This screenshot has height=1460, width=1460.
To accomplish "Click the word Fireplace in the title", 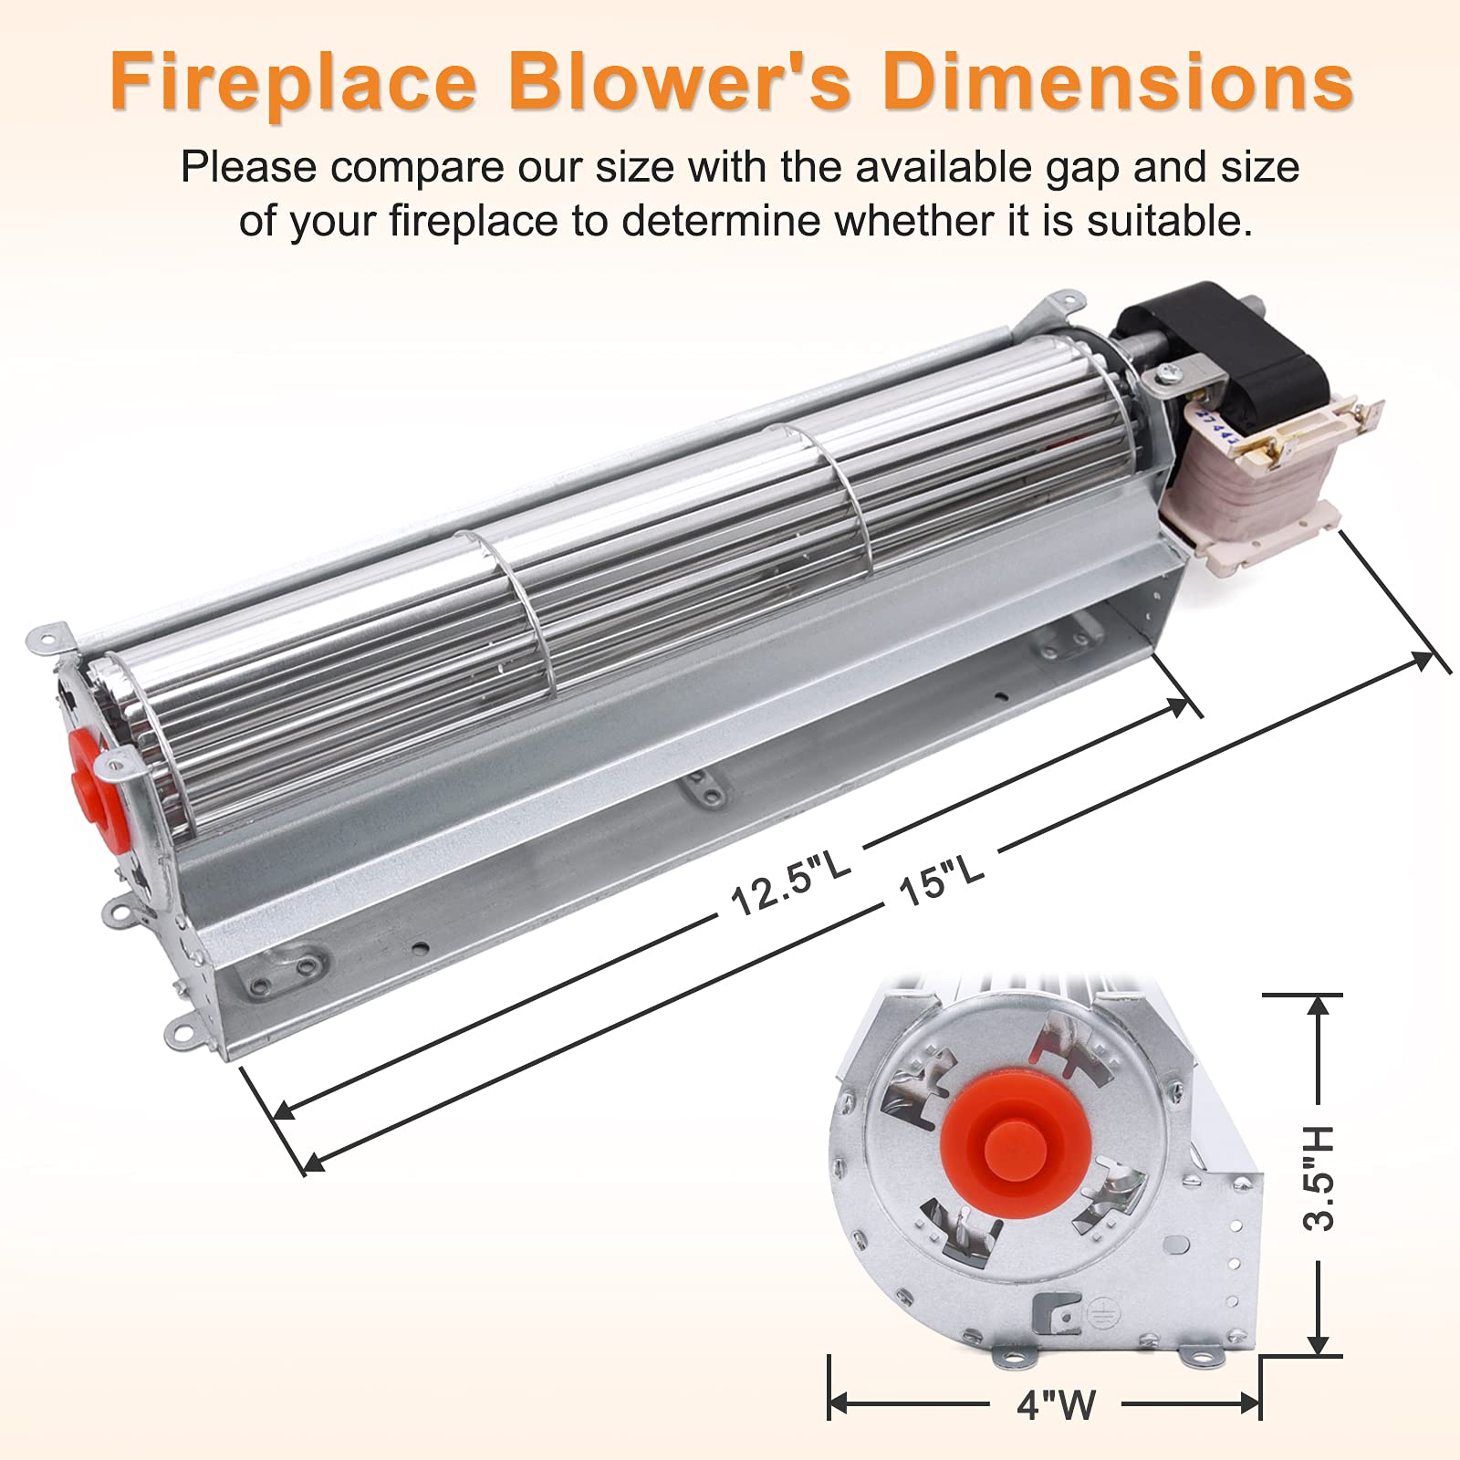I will click(x=292, y=84).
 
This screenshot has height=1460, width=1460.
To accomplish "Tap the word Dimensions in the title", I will click(x=1117, y=84).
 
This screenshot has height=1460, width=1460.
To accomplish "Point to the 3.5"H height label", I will click(x=1319, y=1178).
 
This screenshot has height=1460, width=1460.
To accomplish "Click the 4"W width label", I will click(x=1056, y=1403).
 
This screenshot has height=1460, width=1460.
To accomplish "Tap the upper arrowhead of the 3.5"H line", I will click(x=1318, y=1006).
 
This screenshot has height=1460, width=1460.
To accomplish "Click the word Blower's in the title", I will click(x=684, y=84).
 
